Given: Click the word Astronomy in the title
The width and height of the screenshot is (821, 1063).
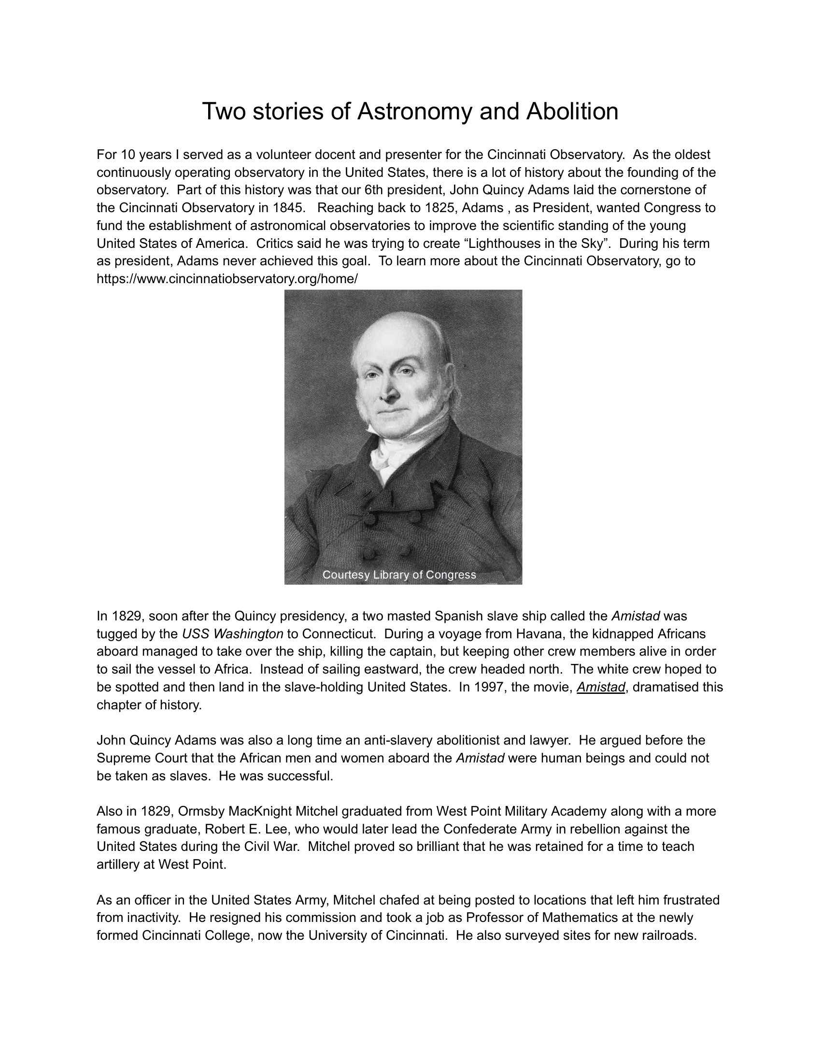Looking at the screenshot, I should tap(415, 112).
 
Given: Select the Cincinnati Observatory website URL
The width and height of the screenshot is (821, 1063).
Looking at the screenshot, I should tap(227, 279).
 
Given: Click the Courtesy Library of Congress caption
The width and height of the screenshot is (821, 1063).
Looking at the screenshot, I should tap(399, 575).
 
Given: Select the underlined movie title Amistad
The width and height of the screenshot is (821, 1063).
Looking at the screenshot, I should tap(601, 687).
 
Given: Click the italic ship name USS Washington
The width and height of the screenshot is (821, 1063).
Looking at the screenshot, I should tap(232, 634).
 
